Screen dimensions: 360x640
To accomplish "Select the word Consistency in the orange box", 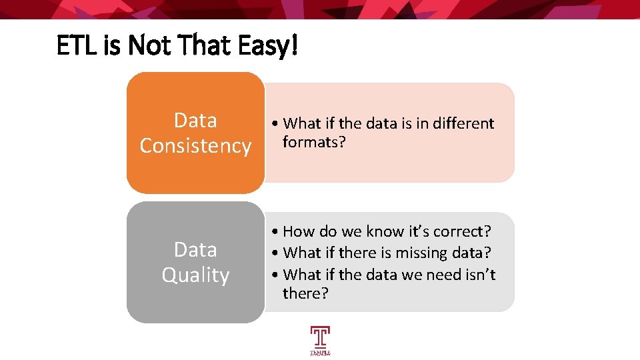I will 195,145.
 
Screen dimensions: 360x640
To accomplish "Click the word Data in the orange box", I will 195,120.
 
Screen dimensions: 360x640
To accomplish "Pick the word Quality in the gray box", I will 195,275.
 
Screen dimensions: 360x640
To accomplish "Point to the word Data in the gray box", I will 195,249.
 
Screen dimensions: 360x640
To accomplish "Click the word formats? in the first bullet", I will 314,142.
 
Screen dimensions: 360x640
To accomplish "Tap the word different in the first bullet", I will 461,123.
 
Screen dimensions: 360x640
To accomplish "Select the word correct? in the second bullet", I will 462,231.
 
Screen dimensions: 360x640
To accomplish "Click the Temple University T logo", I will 320,339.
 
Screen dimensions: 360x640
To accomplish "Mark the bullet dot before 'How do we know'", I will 276,232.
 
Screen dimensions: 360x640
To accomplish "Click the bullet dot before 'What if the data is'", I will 276,124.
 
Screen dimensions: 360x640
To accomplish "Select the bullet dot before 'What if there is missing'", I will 276,253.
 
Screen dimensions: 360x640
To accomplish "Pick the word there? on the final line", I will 305,293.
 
